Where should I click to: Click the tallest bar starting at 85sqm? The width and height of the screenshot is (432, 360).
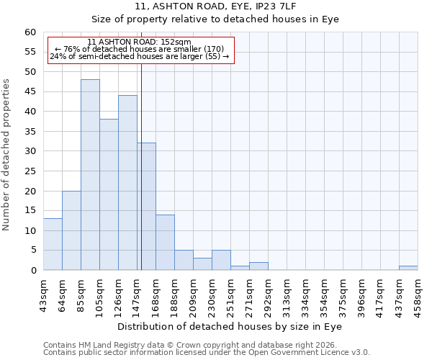pyautogui.click(x=90, y=175)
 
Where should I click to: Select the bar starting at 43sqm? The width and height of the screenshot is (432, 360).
pyautogui.click(x=53, y=244)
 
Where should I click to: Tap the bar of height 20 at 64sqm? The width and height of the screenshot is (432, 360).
pyautogui.click(x=71, y=230)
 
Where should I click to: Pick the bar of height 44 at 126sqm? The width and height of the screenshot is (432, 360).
pyautogui.click(x=127, y=183)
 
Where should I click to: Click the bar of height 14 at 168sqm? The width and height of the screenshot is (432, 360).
pyautogui.click(x=165, y=243)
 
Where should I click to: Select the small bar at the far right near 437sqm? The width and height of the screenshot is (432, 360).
pyautogui.click(x=408, y=268)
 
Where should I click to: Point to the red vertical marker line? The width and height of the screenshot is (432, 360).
pyautogui.click(x=141, y=180)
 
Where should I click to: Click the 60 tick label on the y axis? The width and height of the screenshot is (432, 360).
pyautogui.click(x=30, y=32)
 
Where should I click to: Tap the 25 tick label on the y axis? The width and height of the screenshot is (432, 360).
pyautogui.click(x=30, y=171)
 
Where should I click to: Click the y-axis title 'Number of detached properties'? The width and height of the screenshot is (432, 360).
pyautogui.click(x=6, y=155)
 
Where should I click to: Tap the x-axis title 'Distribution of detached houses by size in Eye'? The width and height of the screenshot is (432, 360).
pyautogui.click(x=229, y=326)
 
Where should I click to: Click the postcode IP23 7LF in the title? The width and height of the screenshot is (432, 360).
pyautogui.click(x=264, y=6)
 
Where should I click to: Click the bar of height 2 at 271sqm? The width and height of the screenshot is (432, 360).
pyautogui.click(x=258, y=266)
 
